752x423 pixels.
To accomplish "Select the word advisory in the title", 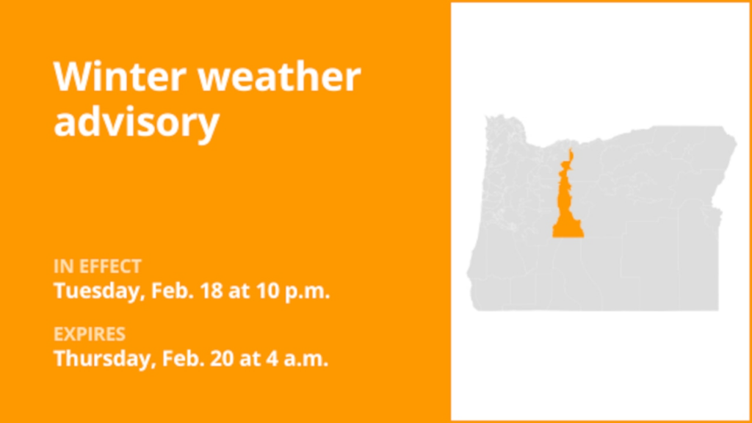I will pyautogui.click(x=136, y=121).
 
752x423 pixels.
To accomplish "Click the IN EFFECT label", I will pyautogui.click(x=97, y=266).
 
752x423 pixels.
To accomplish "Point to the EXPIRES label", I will pyautogui.click(x=89, y=335).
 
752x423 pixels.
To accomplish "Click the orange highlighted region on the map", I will pyautogui.click(x=566, y=209).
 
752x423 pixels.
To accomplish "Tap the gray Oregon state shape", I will pyautogui.click(x=646, y=235).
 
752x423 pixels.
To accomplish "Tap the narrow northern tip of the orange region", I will pyautogui.click(x=569, y=154).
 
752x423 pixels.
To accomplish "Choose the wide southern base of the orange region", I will pyautogui.click(x=568, y=231).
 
